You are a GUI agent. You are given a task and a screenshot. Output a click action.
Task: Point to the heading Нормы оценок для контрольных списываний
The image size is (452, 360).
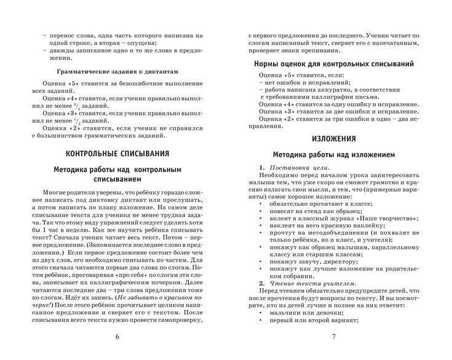click(x=333, y=63)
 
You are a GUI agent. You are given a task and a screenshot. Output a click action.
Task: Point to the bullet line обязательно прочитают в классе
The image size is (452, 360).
click(x=320, y=202)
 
